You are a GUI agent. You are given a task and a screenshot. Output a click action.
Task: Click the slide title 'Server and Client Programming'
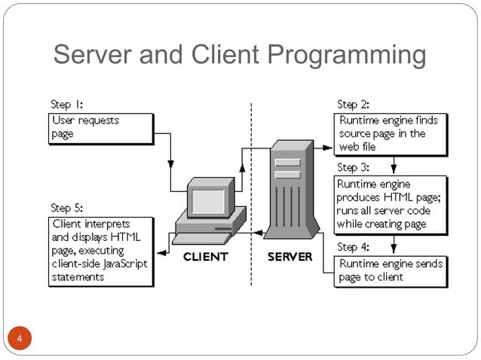pyautogui.click(x=240, y=55)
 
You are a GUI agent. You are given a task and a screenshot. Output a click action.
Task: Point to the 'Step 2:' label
pyautogui.click(x=353, y=105)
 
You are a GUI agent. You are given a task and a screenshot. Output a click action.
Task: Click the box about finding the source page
pyautogui.click(x=390, y=133)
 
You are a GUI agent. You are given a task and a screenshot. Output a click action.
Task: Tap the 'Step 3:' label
pyautogui.click(x=353, y=167)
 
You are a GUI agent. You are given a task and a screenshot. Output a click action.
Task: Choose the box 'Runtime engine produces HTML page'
pyautogui.click(x=390, y=203)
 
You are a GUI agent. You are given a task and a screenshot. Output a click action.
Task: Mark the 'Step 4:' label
pyautogui.click(x=353, y=247)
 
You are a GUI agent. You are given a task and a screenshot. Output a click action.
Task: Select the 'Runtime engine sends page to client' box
pyautogui.click(x=390, y=270)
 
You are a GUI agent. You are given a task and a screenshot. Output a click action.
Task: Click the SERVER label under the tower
pyautogui.click(x=290, y=257)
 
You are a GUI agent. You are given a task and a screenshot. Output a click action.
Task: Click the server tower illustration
pyautogui.click(x=290, y=193)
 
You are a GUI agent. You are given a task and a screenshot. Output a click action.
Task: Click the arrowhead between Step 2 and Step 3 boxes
pyautogui.click(x=393, y=170)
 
